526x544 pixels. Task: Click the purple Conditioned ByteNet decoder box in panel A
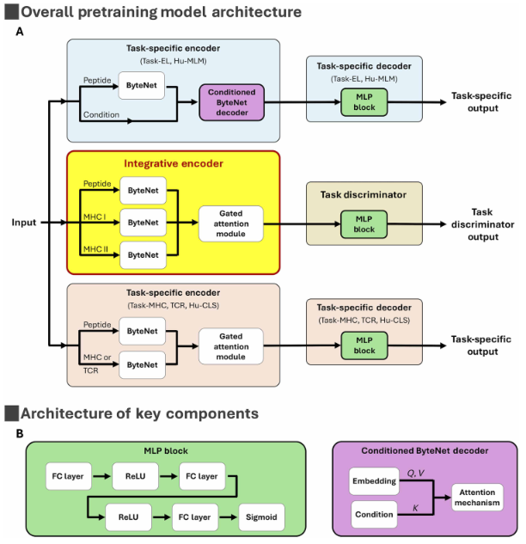229,101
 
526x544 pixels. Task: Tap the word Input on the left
24,223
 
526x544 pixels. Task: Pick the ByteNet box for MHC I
142,222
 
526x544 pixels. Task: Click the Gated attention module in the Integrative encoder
229,223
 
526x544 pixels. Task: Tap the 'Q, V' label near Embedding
417,472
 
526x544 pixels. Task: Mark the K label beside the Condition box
417,509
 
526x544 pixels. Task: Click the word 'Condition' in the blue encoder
102,115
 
